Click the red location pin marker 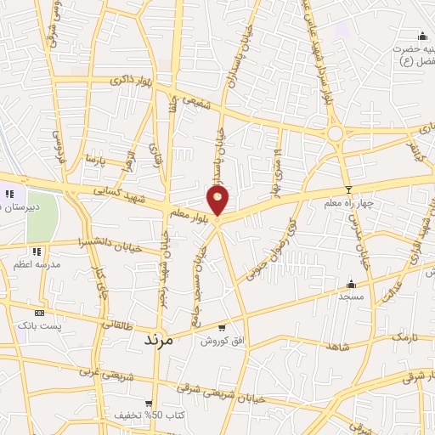click(218, 201)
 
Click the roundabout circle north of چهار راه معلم click(335, 133)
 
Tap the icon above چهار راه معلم click(347, 189)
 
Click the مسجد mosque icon click(350, 283)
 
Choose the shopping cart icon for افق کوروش click(222, 327)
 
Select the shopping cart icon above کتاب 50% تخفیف click(149, 403)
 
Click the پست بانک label click(41, 327)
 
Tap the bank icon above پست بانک click(39, 313)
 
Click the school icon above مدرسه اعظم click(37, 252)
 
